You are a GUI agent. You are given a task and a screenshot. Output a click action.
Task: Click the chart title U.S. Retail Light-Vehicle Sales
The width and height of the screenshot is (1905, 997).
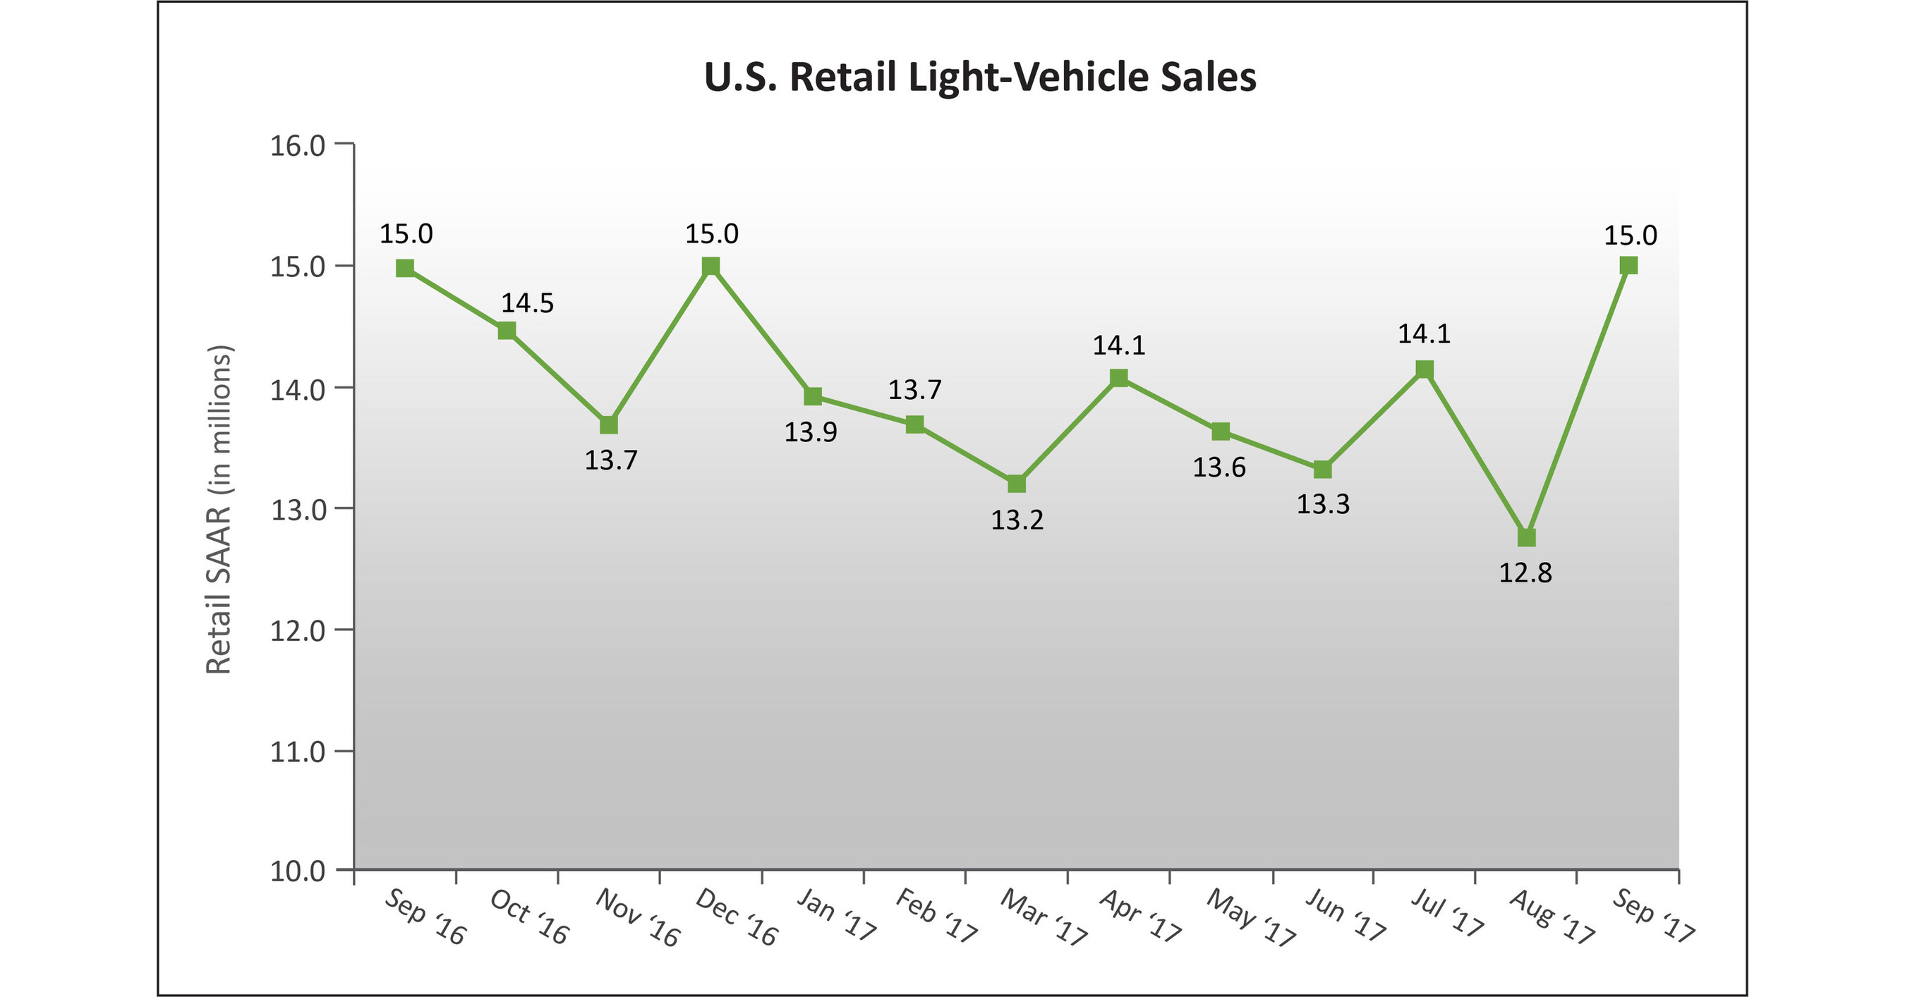[x=980, y=78]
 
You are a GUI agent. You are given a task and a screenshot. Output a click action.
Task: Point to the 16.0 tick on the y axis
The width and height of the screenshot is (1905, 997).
[x=298, y=145]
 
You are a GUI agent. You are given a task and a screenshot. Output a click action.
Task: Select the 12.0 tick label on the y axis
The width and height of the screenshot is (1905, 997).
[x=298, y=631]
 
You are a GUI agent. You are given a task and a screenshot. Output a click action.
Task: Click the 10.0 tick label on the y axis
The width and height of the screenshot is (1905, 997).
[x=298, y=871]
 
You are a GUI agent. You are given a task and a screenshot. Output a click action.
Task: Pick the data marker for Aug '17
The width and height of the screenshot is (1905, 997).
[x=1526, y=537]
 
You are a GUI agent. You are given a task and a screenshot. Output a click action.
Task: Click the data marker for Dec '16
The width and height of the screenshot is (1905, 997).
[x=710, y=266]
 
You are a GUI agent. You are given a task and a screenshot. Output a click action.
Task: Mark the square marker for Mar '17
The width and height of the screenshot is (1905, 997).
[x=1017, y=484]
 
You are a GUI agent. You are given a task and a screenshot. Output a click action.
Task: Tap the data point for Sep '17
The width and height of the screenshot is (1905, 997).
[x=1628, y=265]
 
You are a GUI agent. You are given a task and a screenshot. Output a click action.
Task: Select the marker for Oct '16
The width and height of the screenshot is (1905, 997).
[x=507, y=331]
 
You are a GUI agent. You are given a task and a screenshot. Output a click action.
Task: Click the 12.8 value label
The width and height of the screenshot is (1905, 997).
[x=1525, y=573]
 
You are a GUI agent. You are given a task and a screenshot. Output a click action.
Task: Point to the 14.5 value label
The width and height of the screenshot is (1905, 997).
[x=527, y=303]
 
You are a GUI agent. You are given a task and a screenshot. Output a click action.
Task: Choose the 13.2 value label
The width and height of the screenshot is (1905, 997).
[x=1017, y=520]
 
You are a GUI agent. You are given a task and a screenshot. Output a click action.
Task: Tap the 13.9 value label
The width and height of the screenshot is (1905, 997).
[x=811, y=432]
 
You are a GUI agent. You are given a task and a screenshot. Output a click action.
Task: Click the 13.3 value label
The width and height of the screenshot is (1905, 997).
[x=1323, y=505]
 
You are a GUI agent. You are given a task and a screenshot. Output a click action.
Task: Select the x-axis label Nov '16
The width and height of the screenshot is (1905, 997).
[x=637, y=918]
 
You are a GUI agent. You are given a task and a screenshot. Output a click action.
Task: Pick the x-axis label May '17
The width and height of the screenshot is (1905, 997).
[x=1251, y=918]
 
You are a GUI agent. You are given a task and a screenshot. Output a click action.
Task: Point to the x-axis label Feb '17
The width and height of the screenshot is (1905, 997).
[x=936, y=917]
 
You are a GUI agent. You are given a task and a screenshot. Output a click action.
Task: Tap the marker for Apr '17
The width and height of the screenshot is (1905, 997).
[x=1119, y=379]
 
